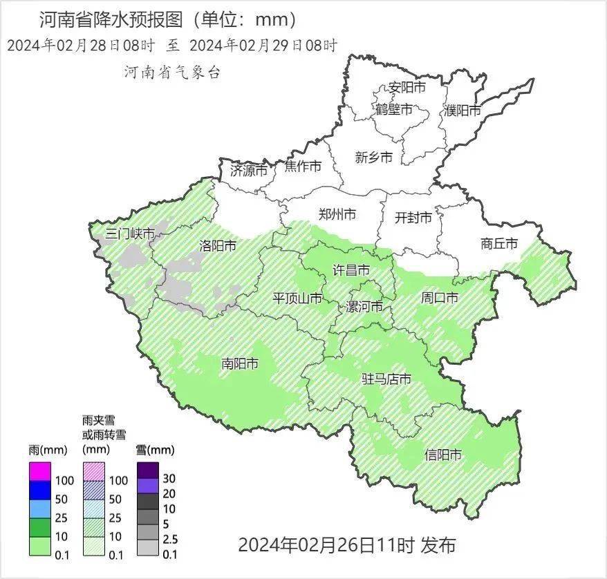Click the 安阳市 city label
click(407, 88)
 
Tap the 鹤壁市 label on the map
click(394, 109)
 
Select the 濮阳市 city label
click(463, 110)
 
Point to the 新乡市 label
click(374, 158)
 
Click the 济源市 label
click(248, 170)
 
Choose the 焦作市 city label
click(303, 167)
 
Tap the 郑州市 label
click(337, 215)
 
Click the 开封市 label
click(413, 218)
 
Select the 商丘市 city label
click(499, 243)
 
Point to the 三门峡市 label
click(130, 233)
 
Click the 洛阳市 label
click(218, 245)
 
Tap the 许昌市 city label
click(351, 269)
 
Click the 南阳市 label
click(240, 363)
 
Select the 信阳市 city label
click(443, 455)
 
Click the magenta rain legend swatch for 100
click(40, 472)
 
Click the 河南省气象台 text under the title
click(172, 72)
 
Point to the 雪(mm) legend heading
click(151, 450)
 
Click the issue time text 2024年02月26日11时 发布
click(347, 545)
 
